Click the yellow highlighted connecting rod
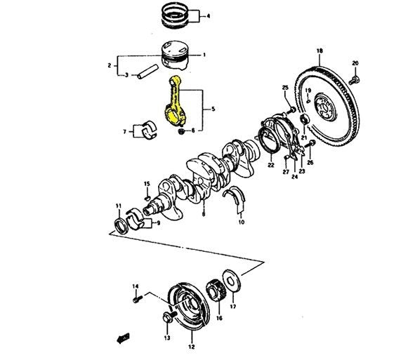tap(176, 105)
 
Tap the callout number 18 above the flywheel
tap(320, 51)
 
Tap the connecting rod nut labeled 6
tap(182, 131)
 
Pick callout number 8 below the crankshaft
tap(202, 214)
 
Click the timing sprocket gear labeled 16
tap(218, 295)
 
